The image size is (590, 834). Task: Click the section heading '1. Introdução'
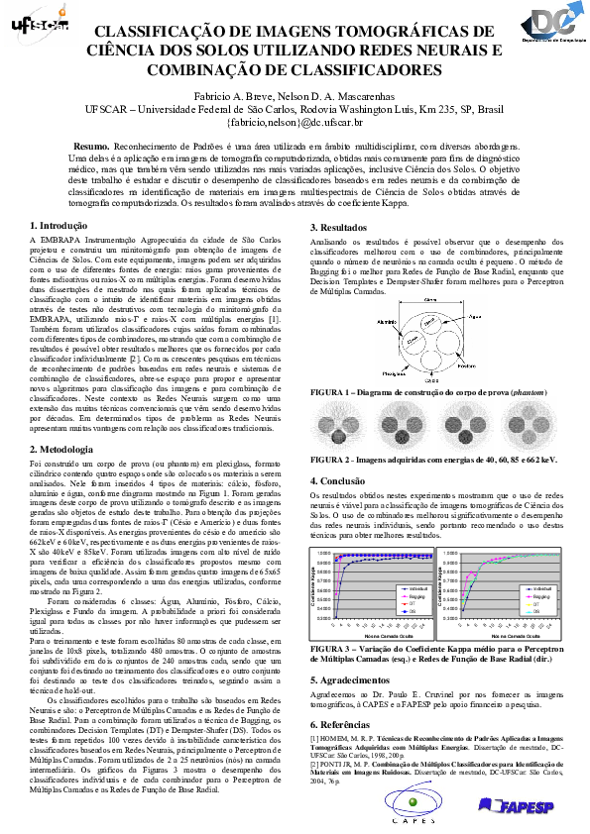click(61, 227)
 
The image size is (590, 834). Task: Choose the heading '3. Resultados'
click(343, 228)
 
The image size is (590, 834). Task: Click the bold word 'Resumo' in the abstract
click(91, 145)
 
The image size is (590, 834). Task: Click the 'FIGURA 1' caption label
click(332, 393)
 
